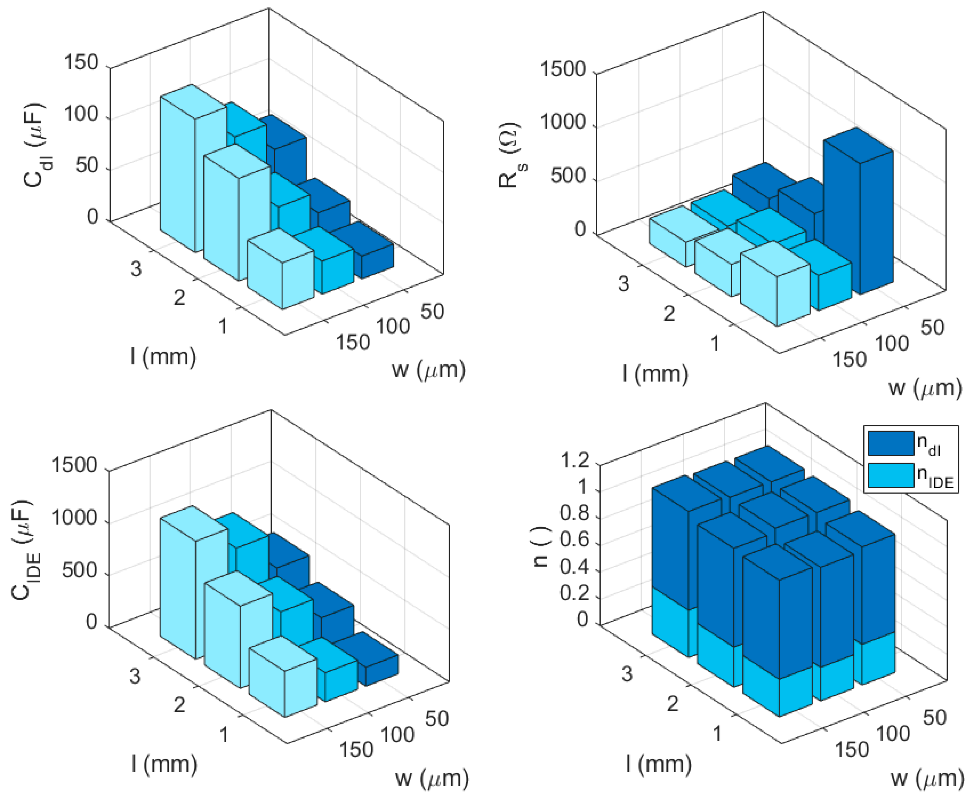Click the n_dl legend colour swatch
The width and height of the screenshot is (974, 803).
click(890, 443)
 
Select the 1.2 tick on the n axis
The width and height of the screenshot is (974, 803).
click(575, 461)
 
